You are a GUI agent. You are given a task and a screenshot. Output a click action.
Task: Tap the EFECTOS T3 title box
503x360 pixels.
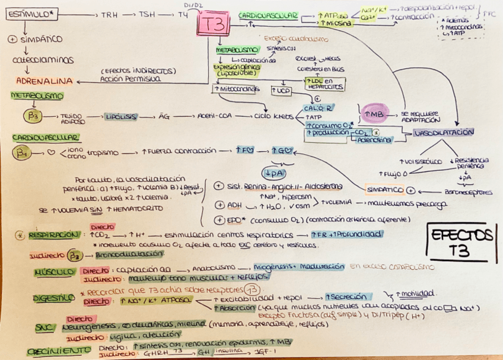coord(462,241)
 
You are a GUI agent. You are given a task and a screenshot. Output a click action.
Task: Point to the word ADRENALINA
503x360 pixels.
coord(44,81)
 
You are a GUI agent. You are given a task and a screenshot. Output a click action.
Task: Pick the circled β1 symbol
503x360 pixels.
coord(23,154)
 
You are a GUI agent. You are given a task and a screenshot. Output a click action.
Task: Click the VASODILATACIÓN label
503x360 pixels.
coord(443,133)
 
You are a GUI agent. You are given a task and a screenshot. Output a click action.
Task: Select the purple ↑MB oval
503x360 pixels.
coord(376,113)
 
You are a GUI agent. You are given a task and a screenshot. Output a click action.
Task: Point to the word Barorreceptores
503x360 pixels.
coord(469,192)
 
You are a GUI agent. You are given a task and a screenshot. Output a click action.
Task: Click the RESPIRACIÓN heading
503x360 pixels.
coord(53,235)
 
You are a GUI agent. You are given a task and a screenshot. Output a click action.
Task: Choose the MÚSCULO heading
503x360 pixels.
coord(49,272)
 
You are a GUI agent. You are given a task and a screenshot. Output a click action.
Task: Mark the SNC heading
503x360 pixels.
coord(43,327)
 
